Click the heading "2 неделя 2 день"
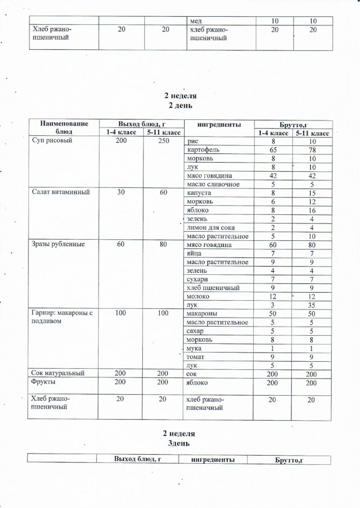tap(180, 101)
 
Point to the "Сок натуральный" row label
tap(57, 374)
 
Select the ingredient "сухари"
tap(198, 279)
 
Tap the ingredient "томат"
tap(196, 357)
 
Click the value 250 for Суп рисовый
tap(163, 141)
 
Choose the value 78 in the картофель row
tap(312, 150)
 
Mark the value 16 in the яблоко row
tap(312, 210)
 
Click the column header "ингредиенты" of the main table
tap(219, 124)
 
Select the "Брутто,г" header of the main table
tap(293, 124)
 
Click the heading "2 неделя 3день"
tap(179, 438)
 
